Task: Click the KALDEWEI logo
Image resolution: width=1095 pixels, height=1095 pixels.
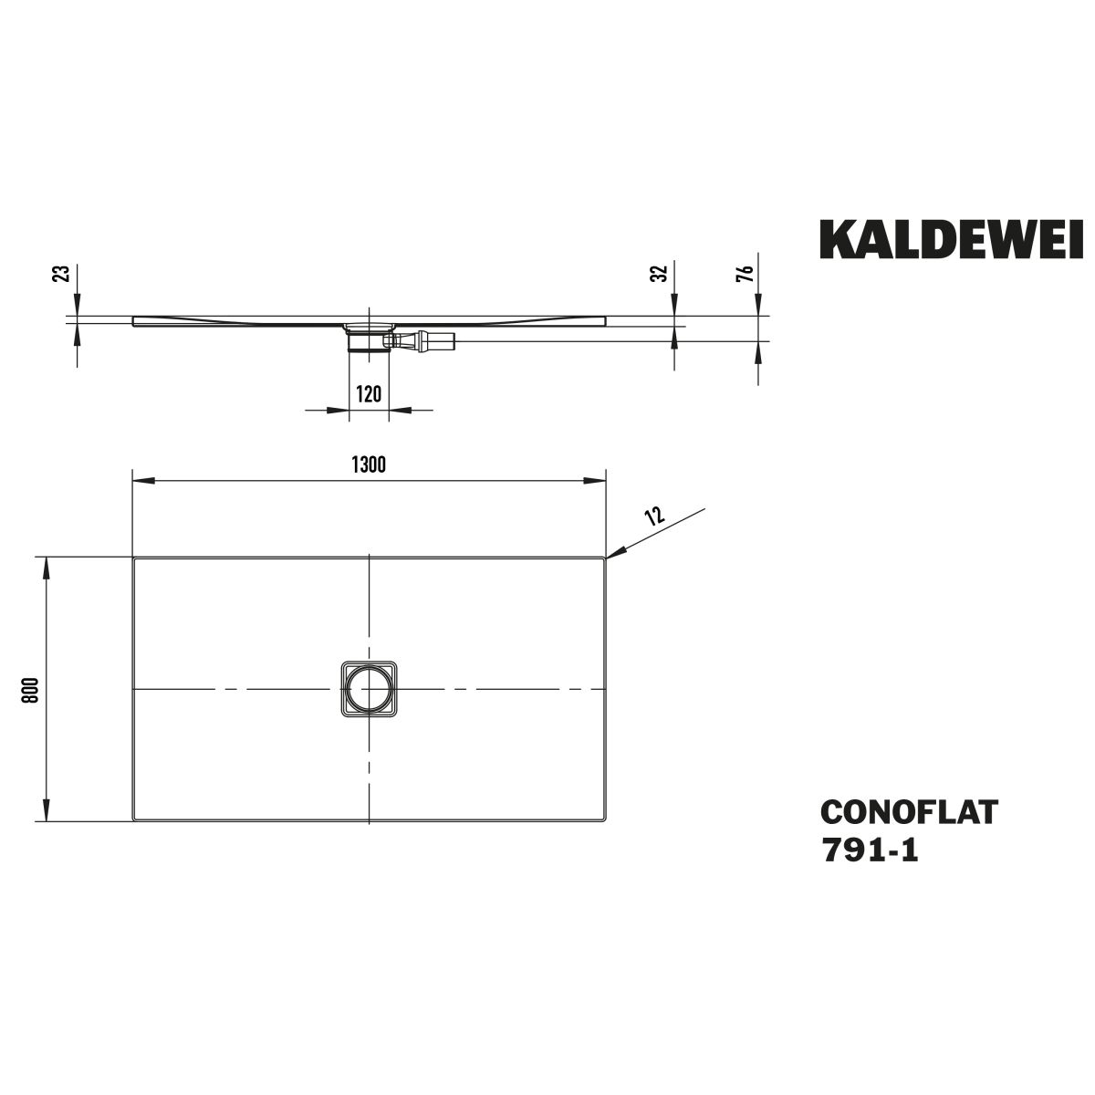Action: click(x=951, y=240)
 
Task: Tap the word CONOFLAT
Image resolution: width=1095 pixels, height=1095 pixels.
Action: click(x=909, y=812)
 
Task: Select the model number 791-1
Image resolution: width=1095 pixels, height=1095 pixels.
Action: click(x=870, y=852)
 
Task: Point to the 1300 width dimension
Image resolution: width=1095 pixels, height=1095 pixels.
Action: click(x=369, y=464)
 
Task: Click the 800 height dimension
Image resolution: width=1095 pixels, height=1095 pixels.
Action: click(x=30, y=690)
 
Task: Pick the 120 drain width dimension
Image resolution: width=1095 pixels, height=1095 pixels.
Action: click(x=369, y=394)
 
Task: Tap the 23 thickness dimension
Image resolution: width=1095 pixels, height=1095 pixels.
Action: click(x=64, y=273)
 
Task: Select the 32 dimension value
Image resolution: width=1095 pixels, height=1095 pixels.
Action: click(x=659, y=273)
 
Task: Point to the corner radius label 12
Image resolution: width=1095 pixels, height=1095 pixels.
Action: click(x=654, y=515)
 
